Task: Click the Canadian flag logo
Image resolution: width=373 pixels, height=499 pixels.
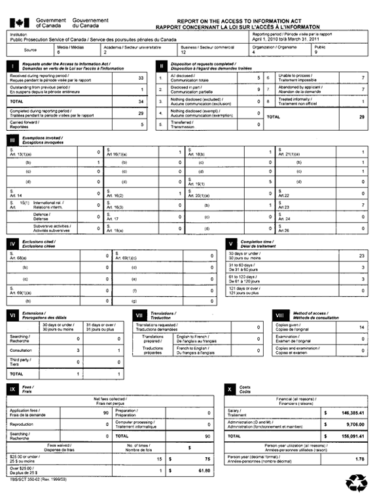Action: click(x=18, y=23)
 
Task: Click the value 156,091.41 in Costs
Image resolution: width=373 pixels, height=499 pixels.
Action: click(x=347, y=435)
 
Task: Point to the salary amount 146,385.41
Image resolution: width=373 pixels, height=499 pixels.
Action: click(x=347, y=413)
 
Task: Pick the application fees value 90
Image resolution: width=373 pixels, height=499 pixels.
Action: click(x=105, y=413)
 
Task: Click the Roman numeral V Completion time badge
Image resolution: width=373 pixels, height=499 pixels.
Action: click(x=230, y=243)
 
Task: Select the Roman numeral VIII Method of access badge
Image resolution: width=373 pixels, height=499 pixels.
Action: click(x=279, y=315)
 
